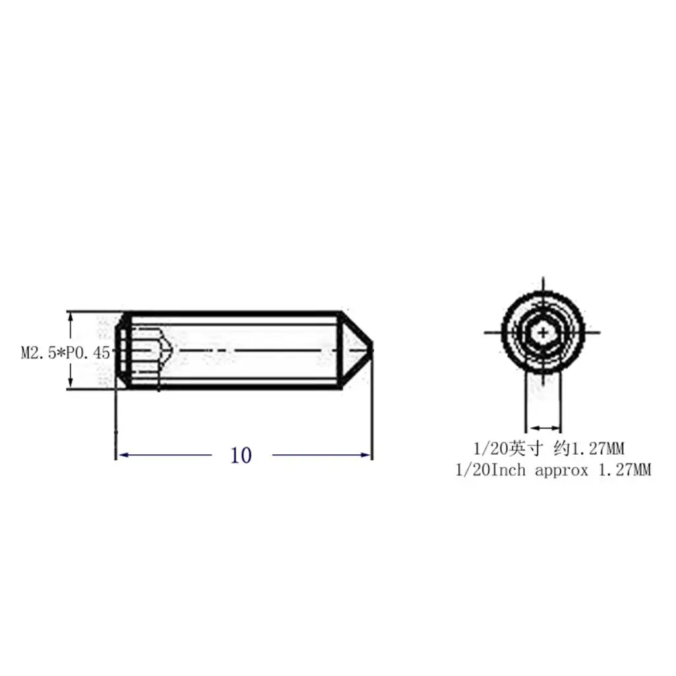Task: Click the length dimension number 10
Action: [241, 456]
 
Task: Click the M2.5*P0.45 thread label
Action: [65, 353]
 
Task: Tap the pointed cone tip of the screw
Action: [372, 350]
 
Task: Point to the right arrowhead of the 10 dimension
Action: [366, 455]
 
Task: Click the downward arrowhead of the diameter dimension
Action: [71, 384]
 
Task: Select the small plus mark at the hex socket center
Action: [543, 333]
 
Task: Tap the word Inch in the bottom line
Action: [509, 469]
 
